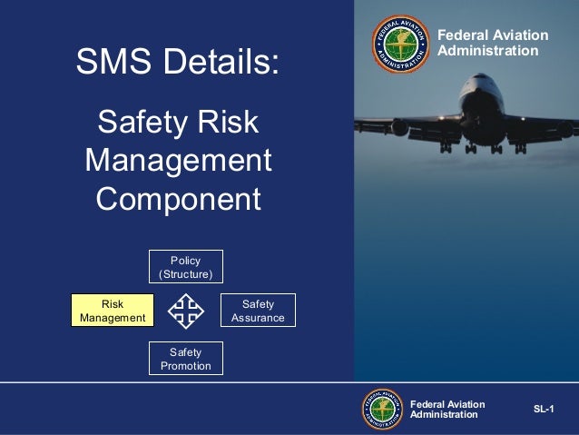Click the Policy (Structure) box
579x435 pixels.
[x=186, y=266]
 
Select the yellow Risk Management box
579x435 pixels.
[x=113, y=311]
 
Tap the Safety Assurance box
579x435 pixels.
[x=258, y=311]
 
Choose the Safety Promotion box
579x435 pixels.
[x=186, y=359]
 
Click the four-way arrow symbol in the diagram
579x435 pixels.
[x=186, y=311]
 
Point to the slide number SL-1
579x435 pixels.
[x=545, y=410]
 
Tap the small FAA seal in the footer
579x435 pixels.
[x=383, y=410]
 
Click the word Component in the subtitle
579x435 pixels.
[x=178, y=200]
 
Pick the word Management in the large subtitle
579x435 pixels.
[x=178, y=161]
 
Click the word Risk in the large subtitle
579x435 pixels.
[x=231, y=123]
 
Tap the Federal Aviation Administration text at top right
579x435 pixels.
[x=493, y=43]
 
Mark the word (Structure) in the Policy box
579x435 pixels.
[x=186, y=274]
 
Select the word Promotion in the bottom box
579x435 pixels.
[x=186, y=366]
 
